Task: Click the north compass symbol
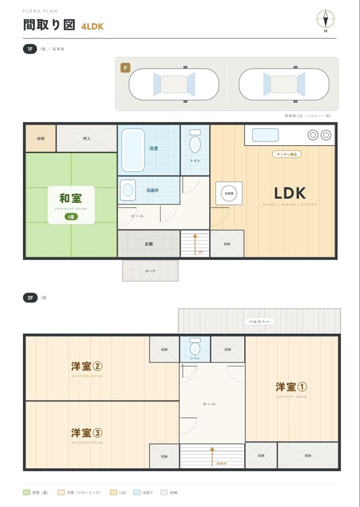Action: point(326,20)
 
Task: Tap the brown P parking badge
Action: point(125,68)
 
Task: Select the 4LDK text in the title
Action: point(93,26)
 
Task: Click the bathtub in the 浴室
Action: point(133,149)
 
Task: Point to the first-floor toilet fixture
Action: point(195,142)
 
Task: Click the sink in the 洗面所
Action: point(128,190)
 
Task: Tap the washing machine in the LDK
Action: point(229,193)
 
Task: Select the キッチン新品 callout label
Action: point(287,154)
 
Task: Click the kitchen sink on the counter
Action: point(265,135)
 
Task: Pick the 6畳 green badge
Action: point(71,217)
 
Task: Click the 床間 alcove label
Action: point(41,139)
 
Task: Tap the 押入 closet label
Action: point(87,139)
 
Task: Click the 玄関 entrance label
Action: point(149,244)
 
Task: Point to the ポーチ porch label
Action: point(150,271)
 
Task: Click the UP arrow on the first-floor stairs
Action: point(195,244)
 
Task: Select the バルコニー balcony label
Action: point(260,322)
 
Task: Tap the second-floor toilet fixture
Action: point(195,346)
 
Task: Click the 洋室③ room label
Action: point(87,433)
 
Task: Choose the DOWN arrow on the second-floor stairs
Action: point(212,456)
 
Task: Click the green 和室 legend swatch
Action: point(26,492)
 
